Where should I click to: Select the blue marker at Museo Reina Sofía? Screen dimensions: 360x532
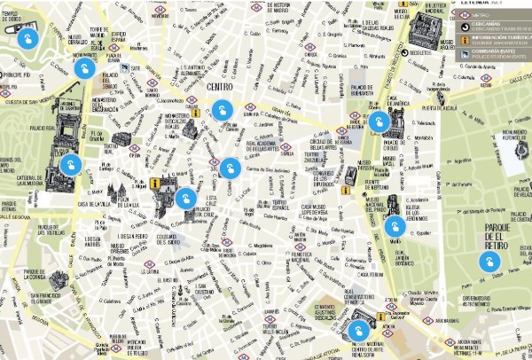click(357, 332)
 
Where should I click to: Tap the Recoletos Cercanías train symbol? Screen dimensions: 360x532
click(406, 52)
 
